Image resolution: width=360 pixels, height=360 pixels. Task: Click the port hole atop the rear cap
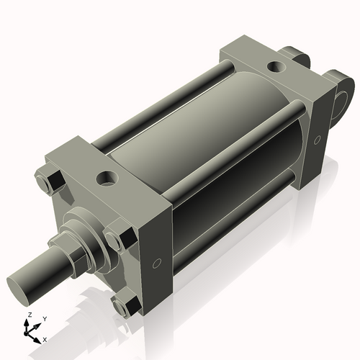point(276,68)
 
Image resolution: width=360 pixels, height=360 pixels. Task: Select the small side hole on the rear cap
point(318,140)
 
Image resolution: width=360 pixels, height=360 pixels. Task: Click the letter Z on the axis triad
point(28,315)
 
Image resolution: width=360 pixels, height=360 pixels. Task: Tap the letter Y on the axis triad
point(45,318)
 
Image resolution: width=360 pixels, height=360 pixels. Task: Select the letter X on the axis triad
point(45,338)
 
